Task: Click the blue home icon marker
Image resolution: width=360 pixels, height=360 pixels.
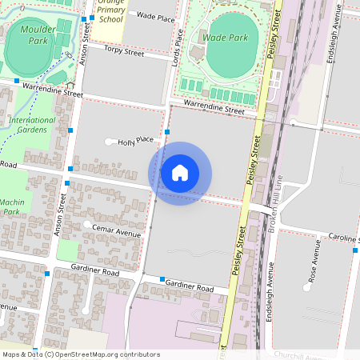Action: click(x=180, y=173)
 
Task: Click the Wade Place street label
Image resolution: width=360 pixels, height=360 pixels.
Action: click(x=155, y=15)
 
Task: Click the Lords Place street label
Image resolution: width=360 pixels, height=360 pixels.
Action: click(x=180, y=46)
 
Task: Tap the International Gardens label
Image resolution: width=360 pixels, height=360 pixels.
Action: click(x=32, y=125)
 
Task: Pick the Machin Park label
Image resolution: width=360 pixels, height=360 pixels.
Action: click(x=10, y=206)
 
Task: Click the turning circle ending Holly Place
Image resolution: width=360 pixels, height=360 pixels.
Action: click(x=110, y=142)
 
